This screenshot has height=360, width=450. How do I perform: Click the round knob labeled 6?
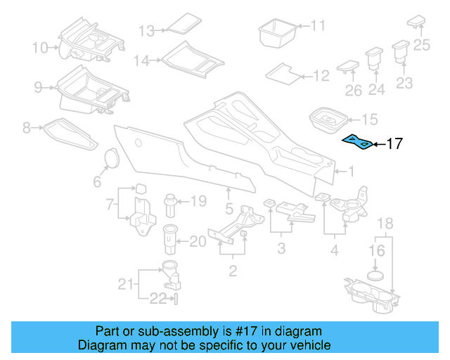click(x=110, y=159)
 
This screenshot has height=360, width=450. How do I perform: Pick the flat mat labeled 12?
click(x=284, y=72)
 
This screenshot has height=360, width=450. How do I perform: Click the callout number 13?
click(x=146, y=31)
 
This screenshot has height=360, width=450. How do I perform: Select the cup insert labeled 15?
click(x=326, y=119)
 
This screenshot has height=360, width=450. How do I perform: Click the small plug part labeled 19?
click(x=171, y=205)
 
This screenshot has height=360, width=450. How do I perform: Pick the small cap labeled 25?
click(x=416, y=20)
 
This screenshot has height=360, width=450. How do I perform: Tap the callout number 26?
click(x=353, y=91)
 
